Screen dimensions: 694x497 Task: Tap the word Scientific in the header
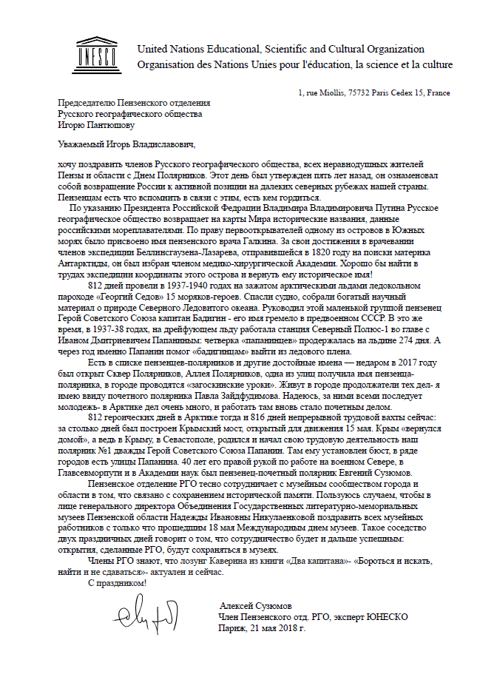tap(287, 49)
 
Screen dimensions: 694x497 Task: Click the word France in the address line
tap(437, 93)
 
